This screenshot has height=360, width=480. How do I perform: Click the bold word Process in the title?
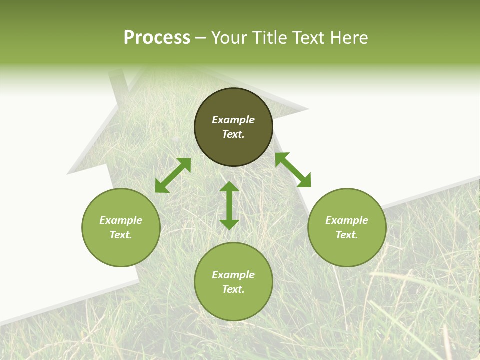click(x=157, y=38)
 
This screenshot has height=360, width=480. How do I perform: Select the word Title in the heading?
click(x=272, y=38)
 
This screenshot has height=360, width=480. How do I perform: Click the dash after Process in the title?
click(x=201, y=38)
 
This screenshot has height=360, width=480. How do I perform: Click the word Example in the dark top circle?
click(x=233, y=120)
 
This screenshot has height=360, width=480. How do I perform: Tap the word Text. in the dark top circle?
click(x=233, y=134)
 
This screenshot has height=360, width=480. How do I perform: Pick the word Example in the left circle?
click(x=121, y=220)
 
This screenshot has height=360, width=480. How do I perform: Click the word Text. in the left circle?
click(x=121, y=235)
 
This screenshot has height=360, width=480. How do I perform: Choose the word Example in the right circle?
click(x=347, y=220)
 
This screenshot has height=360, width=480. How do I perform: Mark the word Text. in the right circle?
click(x=347, y=235)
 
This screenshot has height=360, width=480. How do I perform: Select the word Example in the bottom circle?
click(x=233, y=275)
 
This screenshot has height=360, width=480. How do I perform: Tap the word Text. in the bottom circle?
click(x=233, y=289)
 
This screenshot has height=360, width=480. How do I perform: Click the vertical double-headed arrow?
click(x=229, y=205)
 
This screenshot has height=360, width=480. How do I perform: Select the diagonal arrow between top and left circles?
click(x=173, y=175)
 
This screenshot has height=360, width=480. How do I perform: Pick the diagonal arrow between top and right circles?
click(x=293, y=170)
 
